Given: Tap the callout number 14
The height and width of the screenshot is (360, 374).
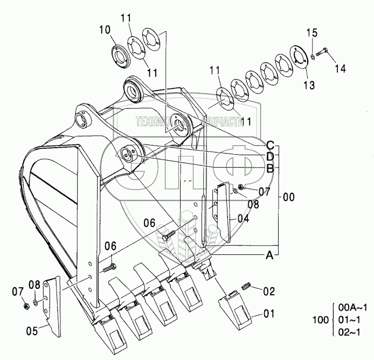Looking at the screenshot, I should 340,68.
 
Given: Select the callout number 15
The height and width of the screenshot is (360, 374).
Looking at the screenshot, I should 313,33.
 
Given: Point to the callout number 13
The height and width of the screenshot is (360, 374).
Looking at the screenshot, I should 309,85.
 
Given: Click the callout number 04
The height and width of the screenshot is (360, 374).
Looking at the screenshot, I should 243,219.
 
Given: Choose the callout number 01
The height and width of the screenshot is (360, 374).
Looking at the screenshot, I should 268,313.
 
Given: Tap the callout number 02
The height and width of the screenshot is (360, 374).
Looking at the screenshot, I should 268,292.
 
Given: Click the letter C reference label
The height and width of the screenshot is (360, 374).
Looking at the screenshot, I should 271,144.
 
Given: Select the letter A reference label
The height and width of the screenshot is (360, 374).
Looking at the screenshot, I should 268,257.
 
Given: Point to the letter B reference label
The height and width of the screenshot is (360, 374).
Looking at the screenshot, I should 271,168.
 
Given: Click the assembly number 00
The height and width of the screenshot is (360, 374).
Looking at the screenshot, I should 289,198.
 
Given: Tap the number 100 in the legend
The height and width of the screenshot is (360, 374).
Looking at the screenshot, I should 320,320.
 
